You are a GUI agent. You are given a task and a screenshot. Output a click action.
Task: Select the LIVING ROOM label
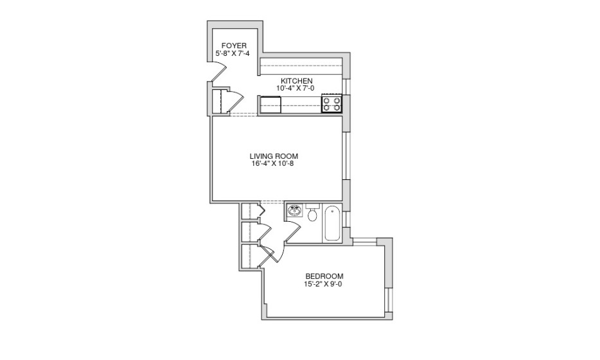[274, 156]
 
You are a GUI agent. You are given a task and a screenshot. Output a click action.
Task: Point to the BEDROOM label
[324, 276]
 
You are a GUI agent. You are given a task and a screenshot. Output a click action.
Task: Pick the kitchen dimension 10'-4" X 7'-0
[296, 88]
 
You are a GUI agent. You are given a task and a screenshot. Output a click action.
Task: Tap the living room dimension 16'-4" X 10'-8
[274, 164]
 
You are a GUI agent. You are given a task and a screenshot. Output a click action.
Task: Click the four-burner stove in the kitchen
[332, 104]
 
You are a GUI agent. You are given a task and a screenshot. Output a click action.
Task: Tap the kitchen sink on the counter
[270, 103]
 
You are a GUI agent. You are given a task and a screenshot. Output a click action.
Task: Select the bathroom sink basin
[295, 212]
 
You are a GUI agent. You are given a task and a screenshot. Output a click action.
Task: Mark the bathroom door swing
[292, 231]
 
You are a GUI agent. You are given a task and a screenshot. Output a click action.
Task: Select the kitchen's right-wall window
[347, 86]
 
